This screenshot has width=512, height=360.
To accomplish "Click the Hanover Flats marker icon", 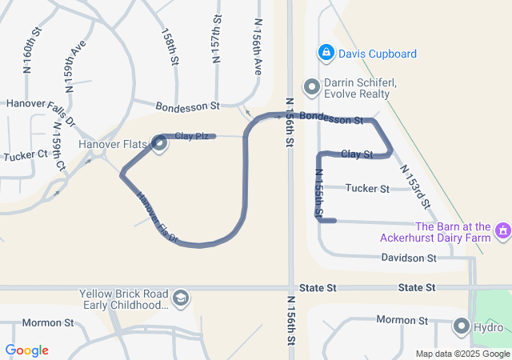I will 158,144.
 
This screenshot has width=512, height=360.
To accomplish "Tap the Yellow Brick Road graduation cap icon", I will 182,298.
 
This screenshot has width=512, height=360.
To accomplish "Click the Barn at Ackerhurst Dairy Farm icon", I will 502,231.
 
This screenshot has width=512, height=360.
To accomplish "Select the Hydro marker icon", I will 462,326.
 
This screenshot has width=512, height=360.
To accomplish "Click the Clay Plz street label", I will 192,137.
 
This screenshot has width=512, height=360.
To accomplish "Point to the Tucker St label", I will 367,189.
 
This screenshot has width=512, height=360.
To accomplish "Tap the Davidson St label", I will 408,258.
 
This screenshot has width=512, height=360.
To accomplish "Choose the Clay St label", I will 357,154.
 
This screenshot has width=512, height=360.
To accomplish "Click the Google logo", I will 26,350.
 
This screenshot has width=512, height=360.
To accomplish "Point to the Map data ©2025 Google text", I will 462,354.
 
